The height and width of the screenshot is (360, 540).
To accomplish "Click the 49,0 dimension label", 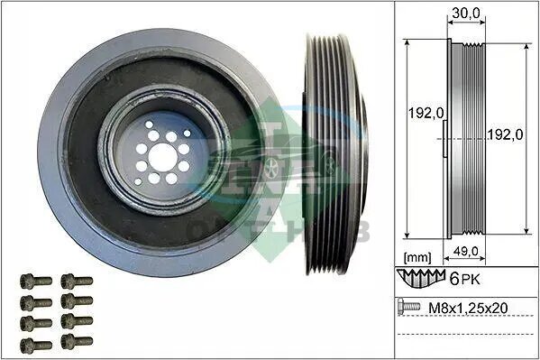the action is tap(465, 252).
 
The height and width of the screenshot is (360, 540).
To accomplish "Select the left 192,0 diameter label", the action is tap(426, 113).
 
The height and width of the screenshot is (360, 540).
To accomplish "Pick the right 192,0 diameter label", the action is tap(505, 134).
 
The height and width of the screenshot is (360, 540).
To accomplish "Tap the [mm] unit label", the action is tap(417, 257).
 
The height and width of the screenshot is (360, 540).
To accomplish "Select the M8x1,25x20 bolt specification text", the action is tap(468, 308).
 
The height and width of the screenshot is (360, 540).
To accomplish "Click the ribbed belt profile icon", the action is tap(421, 278).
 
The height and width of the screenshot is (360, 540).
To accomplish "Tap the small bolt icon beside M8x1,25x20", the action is tap(408, 306).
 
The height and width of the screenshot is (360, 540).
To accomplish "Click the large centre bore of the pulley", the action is tap(163, 158).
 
